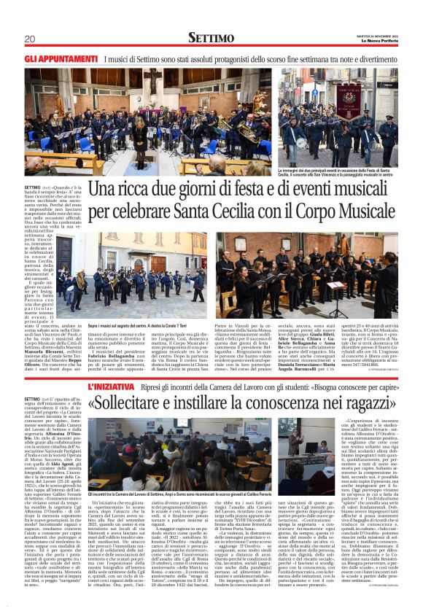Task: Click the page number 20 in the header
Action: [30, 38]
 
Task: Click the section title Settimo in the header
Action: [211, 37]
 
